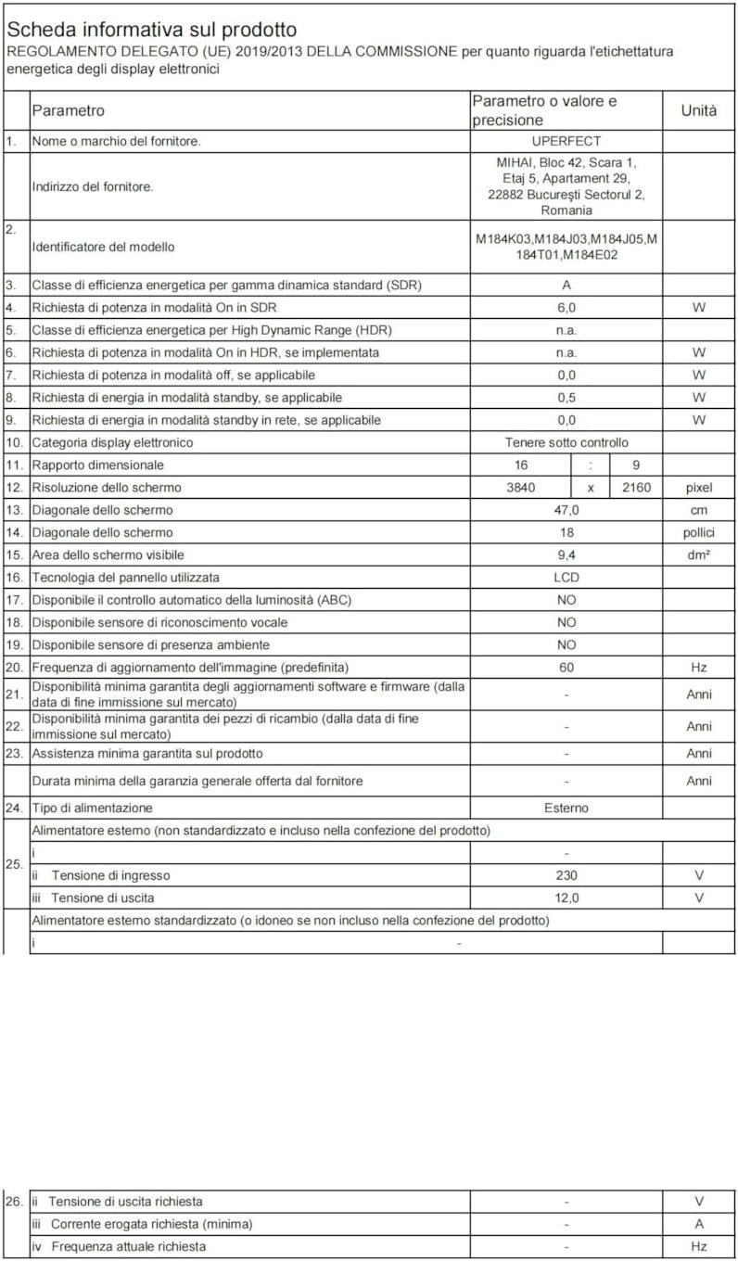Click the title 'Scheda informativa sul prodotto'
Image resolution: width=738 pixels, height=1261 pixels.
pyautogui.click(x=152, y=31)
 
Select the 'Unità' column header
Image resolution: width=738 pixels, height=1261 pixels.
pyautogui.click(x=698, y=110)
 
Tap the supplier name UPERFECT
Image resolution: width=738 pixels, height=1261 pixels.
pyautogui.click(x=566, y=142)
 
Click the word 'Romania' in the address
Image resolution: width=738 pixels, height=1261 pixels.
pyautogui.click(x=566, y=210)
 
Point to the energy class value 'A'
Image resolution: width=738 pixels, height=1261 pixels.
pyautogui.click(x=566, y=286)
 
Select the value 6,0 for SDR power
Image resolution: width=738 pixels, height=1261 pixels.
pyautogui.click(x=566, y=308)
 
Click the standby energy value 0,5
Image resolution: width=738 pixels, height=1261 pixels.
pyautogui.click(x=566, y=398)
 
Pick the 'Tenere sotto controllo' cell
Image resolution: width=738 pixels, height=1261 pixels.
pyautogui.click(x=566, y=442)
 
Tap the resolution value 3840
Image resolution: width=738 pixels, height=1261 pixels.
pyautogui.click(x=521, y=488)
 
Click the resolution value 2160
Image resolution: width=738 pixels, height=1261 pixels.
pyautogui.click(x=635, y=488)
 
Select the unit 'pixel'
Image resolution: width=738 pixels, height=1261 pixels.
pyautogui.click(x=698, y=488)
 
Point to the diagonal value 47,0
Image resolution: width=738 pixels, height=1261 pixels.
pyautogui.click(x=566, y=510)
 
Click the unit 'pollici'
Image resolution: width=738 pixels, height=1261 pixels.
pyautogui.click(x=698, y=532)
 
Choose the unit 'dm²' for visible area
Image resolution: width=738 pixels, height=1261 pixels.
pyautogui.click(x=698, y=554)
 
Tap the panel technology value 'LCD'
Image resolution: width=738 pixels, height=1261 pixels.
pyautogui.click(x=566, y=577)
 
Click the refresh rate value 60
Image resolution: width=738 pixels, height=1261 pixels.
pyautogui.click(x=566, y=667)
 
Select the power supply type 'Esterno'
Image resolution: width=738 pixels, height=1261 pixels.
pyautogui.click(x=566, y=808)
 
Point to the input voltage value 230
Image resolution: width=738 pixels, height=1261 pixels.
pyautogui.click(x=566, y=875)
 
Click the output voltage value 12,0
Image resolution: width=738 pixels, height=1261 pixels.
pyautogui.click(x=566, y=898)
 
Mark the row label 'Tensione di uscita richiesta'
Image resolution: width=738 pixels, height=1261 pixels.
pyautogui.click(x=125, y=1202)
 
